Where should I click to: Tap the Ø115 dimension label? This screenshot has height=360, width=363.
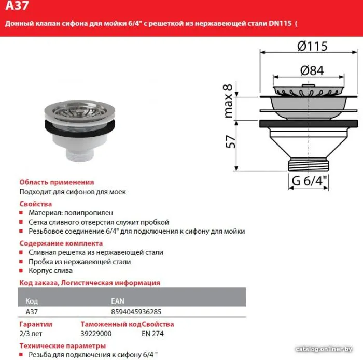point(312,46)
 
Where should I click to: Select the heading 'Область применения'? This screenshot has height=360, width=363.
point(57,182)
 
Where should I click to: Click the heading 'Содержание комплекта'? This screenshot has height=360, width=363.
point(61,243)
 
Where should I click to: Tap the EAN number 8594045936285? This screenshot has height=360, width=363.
point(136,312)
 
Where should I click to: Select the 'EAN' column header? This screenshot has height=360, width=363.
point(118,301)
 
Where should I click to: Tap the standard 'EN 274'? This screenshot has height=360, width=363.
point(152,334)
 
